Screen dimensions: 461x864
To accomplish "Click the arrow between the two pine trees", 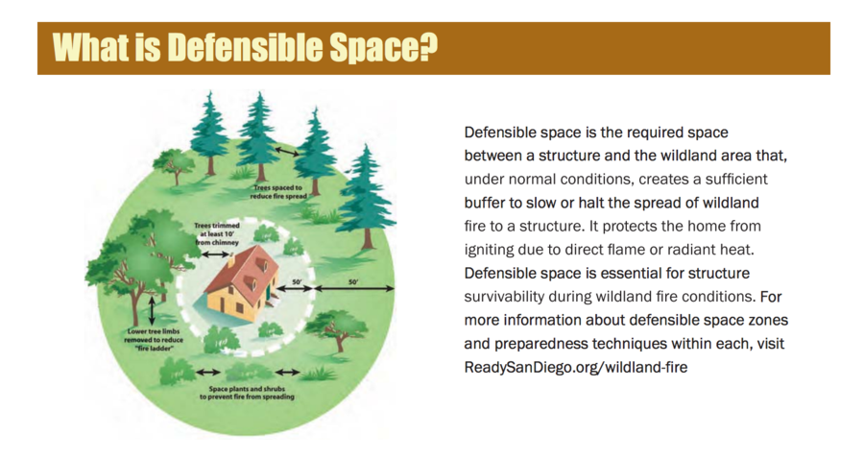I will (x=285, y=151).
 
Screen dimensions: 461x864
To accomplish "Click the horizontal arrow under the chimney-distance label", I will (x=214, y=255).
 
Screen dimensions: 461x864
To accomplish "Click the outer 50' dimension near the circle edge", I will (x=352, y=283).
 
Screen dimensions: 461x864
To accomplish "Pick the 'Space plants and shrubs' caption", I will (x=247, y=392).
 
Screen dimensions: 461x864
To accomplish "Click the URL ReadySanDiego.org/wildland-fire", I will (x=575, y=367).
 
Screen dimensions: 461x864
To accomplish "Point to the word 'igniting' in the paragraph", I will (x=491, y=250).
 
